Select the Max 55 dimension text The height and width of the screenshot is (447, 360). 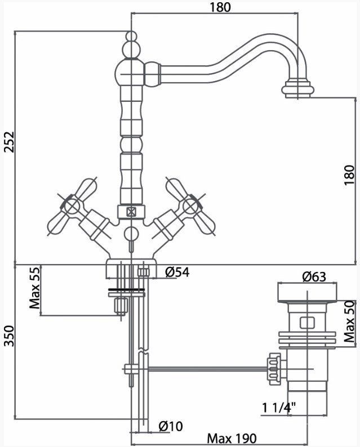(x=35, y=288)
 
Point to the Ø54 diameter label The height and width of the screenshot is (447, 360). (x=177, y=272)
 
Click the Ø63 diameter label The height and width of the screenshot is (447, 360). (x=314, y=276)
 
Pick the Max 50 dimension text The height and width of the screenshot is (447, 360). (x=349, y=321)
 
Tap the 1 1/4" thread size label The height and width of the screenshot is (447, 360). (x=279, y=408)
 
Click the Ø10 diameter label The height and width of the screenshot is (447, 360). (x=171, y=426)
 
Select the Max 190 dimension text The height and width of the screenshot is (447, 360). (x=232, y=439)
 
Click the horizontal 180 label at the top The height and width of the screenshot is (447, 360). (x=220, y=7)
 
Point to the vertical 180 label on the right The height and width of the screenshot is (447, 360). (x=349, y=175)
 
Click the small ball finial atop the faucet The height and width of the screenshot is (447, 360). (x=131, y=37)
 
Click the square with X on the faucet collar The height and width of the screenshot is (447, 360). (x=131, y=212)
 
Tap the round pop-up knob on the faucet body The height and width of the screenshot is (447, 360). (x=131, y=234)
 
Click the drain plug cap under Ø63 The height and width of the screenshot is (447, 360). (x=307, y=293)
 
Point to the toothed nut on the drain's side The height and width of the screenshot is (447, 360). (x=274, y=369)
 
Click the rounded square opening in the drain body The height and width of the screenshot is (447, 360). (x=307, y=323)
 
